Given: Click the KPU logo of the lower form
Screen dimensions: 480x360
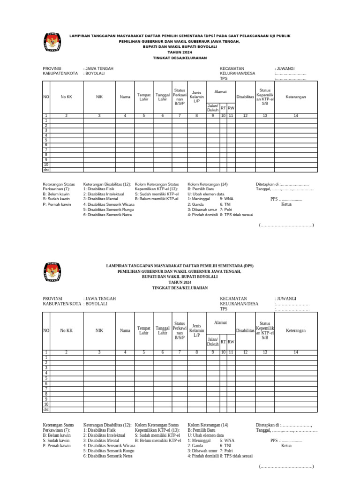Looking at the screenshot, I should [52, 273].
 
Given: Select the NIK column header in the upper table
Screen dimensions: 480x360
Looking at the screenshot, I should [99, 97].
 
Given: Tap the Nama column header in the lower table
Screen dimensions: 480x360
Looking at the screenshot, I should [125, 330].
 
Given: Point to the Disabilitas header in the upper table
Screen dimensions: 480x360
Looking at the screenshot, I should [245, 97].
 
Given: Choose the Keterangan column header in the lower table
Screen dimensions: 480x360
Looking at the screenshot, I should [295, 330].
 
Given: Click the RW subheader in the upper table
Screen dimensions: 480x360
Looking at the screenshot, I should [231, 108].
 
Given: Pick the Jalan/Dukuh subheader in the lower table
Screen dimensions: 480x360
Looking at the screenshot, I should [213, 342].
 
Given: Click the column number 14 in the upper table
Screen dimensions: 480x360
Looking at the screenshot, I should [295, 115].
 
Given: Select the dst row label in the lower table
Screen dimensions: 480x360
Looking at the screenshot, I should [46, 410].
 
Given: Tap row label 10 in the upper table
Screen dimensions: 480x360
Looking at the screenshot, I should [46, 165].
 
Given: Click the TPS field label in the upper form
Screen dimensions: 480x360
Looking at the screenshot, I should [224, 79].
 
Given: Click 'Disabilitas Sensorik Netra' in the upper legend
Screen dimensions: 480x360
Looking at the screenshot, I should [110, 215].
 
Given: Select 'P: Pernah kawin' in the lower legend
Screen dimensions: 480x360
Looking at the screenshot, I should [57, 445].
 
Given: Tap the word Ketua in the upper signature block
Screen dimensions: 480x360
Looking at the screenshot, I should [286, 204].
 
